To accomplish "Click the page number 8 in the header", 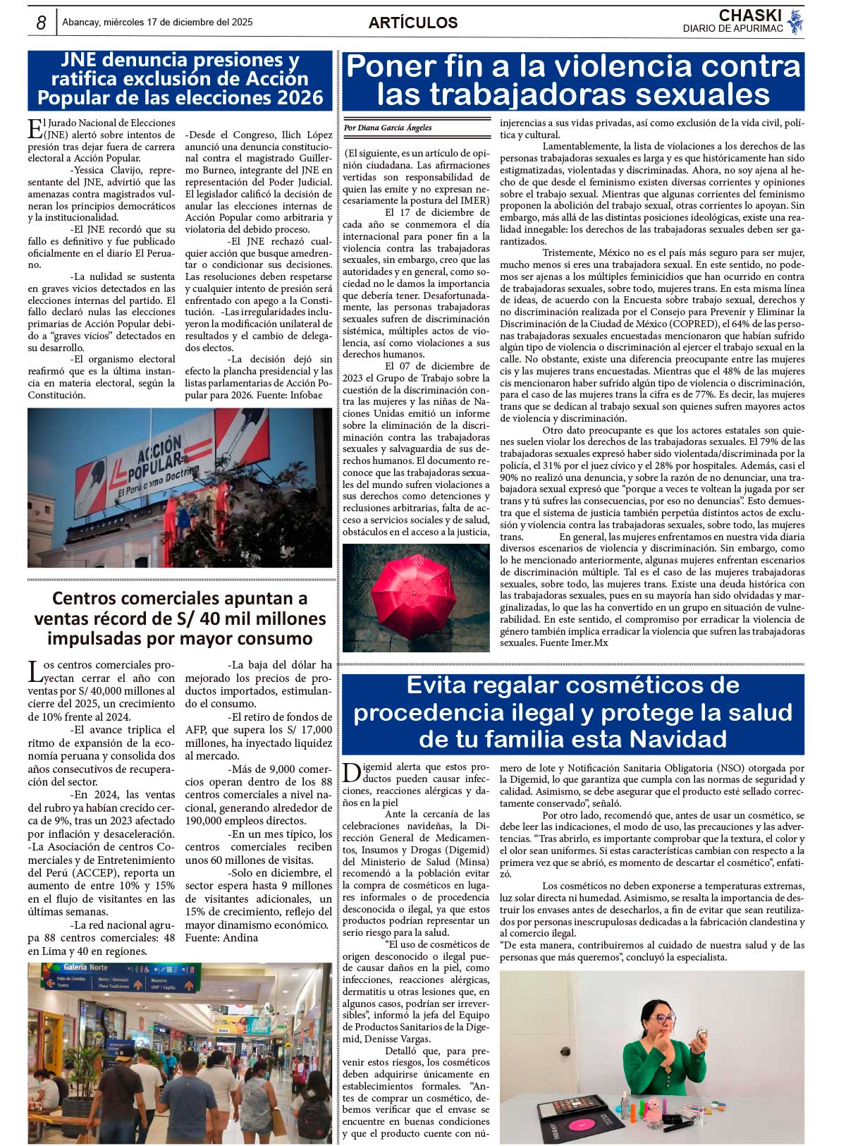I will (x=41, y=23).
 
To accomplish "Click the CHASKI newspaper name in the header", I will (x=750, y=16).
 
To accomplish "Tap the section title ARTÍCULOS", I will (x=413, y=23).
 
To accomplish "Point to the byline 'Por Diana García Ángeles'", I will (x=388, y=128).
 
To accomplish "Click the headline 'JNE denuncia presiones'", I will (x=180, y=60).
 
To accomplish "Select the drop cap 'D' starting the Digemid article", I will (x=352, y=774).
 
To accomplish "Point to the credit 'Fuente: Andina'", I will (x=221, y=938).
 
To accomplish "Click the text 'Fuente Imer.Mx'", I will (x=574, y=642).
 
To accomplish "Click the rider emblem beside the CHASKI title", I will (x=795, y=22).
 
